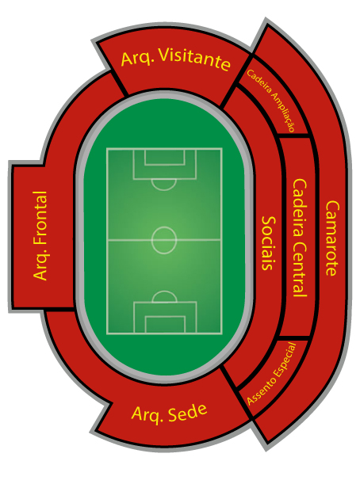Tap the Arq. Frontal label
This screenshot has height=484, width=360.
pos(40,236)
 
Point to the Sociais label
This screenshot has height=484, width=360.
pos(269,243)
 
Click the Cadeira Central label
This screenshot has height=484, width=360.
pos(300,238)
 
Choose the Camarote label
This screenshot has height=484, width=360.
pos(332,238)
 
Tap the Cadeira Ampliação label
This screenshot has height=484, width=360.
pos(270,101)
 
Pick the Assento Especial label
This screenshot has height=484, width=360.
pos(272,374)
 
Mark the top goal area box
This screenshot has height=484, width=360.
pos(165,158)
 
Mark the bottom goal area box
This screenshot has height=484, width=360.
pos(165,325)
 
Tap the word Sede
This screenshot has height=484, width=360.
pos(188,412)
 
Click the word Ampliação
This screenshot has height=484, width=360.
pos(283,112)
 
